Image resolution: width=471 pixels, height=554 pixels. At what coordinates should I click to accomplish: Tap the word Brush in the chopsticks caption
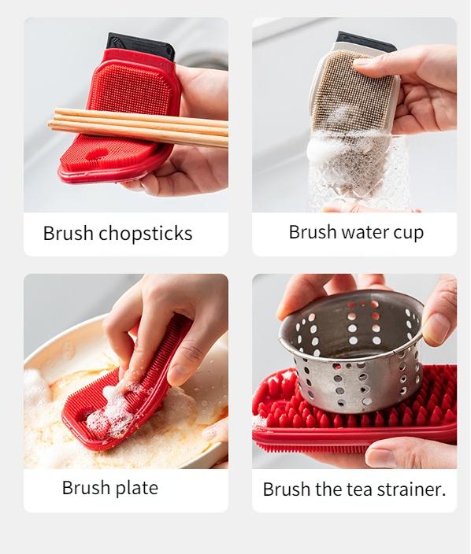click(x=69, y=234)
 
